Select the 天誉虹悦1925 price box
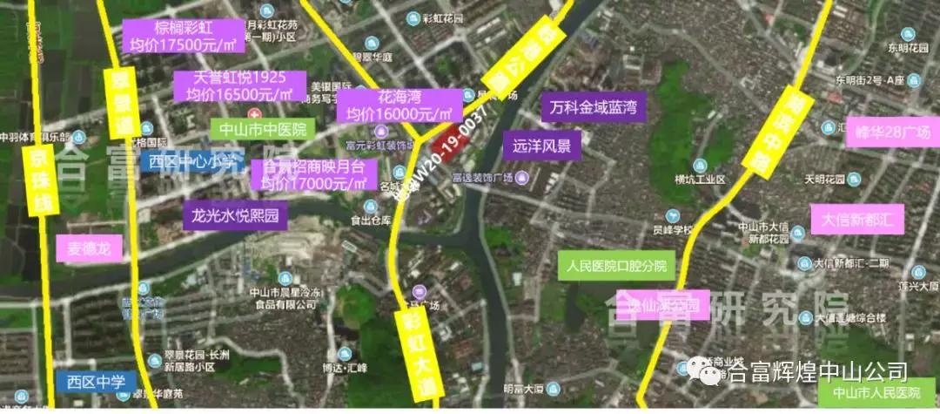pyautogui.click(x=239, y=86)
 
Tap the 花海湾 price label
pyautogui.click(x=398, y=105)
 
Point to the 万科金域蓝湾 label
pyautogui.click(x=594, y=108)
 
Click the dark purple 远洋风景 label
pyautogui.click(x=541, y=145)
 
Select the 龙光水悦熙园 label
pyautogui.click(x=235, y=215)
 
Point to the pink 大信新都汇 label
pyautogui.click(x=857, y=219)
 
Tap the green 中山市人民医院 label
pyautogui.click(x=876, y=394)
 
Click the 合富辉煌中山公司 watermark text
pyautogui.click(x=816, y=372)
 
